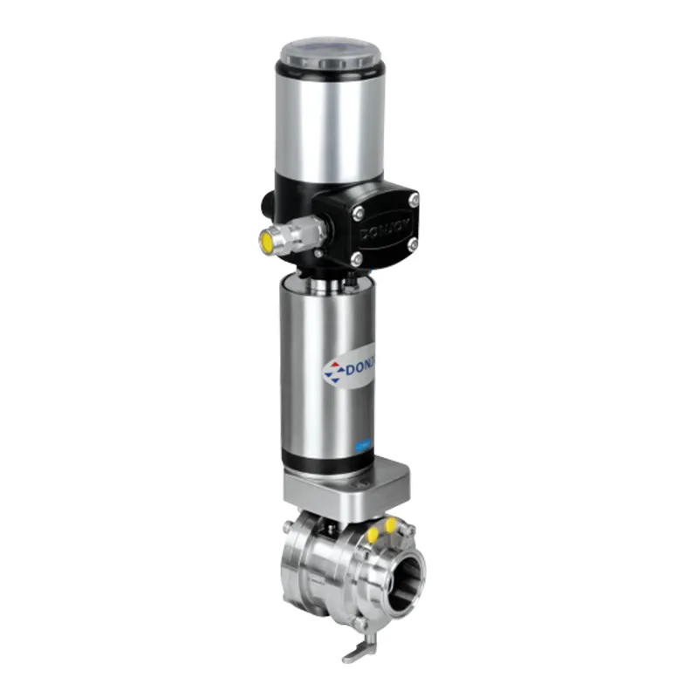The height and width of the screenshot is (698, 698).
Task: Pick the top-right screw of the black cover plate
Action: click(x=414, y=200)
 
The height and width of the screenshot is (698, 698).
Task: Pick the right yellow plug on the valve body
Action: click(x=389, y=523)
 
